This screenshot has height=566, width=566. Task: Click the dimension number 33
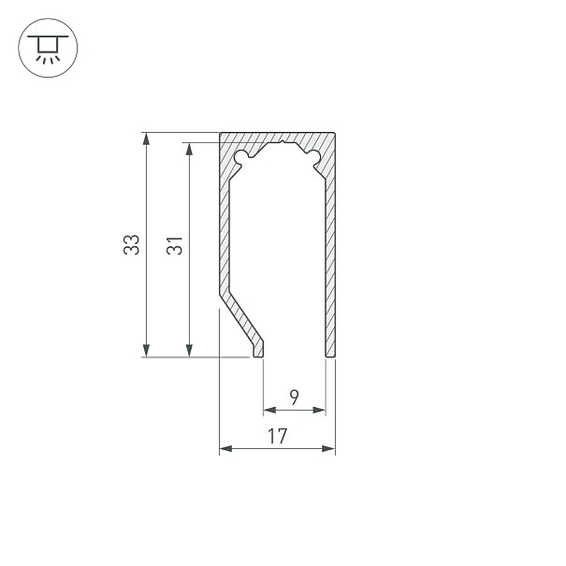pyautogui.click(x=131, y=245)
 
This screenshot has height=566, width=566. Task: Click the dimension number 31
pyautogui.click(x=174, y=246)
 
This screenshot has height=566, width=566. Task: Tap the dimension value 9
pyautogui.click(x=294, y=398)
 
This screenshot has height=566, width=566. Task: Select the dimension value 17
pyautogui.click(x=277, y=436)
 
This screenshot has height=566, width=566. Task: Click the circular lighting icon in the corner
pyautogui.click(x=48, y=48)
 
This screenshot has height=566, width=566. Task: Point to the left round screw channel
pyautogui.click(x=241, y=156)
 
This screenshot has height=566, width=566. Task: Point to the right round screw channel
pyautogui.click(x=313, y=156)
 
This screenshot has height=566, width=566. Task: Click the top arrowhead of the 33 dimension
pyautogui.click(x=146, y=138)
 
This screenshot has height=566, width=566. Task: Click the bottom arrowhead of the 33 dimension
pyautogui.click(x=146, y=351)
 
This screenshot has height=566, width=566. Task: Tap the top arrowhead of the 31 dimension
pyautogui.click(x=189, y=149)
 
